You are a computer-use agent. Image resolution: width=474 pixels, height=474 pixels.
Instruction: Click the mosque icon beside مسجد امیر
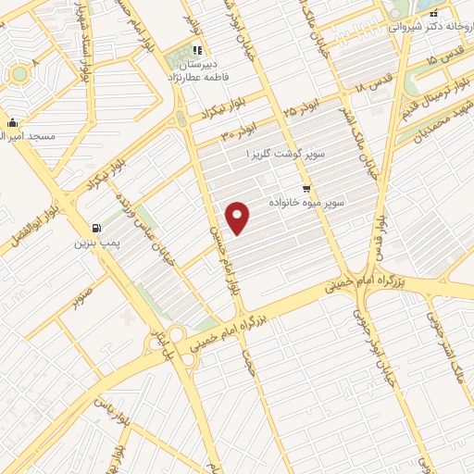11,122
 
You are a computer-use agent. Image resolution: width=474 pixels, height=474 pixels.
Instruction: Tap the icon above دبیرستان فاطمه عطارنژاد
195,50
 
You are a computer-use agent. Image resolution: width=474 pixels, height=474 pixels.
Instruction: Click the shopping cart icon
305,187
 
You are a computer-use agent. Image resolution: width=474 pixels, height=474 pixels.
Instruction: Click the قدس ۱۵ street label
418,59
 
